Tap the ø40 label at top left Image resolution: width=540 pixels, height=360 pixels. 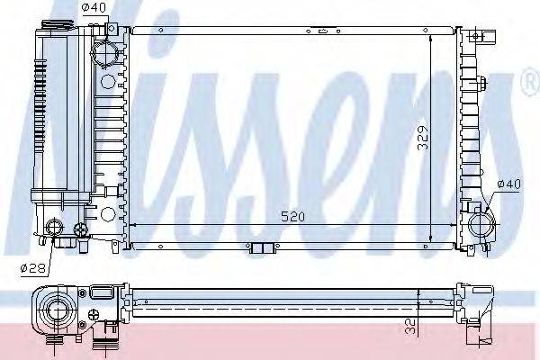[93, 9]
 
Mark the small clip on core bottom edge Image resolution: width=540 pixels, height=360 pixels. [261, 248]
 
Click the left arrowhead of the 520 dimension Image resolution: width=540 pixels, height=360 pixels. [134, 225]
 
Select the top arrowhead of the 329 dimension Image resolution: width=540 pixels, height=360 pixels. [430, 40]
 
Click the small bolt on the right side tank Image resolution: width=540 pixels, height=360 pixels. [484, 87]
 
